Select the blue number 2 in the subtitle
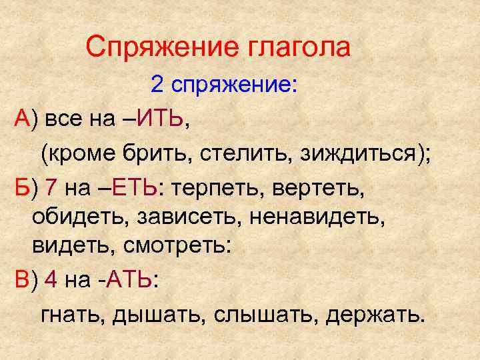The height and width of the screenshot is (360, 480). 157,85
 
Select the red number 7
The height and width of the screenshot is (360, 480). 52,189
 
